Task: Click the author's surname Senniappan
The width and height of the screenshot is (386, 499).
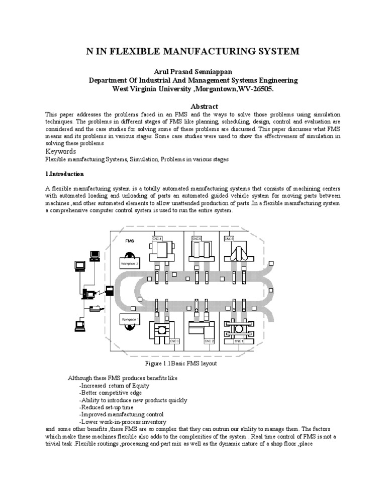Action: (x=220, y=72)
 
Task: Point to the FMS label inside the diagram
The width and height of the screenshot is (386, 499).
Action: (x=130, y=241)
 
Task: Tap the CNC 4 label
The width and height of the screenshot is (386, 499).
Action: (x=157, y=239)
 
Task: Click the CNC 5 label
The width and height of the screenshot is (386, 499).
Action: (x=197, y=239)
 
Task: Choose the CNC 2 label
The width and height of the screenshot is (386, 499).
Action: (x=209, y=341)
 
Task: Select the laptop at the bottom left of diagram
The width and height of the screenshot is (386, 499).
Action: (x=79, y=326)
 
